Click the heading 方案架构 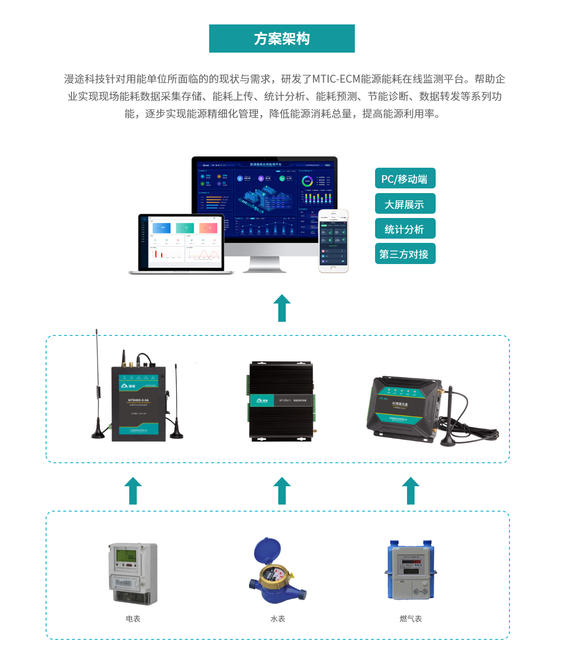point(282,39)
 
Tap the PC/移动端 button point(405,179)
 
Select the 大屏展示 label point(405,204)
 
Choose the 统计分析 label point(405,229)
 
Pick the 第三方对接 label point(405,254)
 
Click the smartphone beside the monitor point(333,241)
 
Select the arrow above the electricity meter point(133,491)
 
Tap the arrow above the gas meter point(411,491)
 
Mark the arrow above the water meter point(282,491)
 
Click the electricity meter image point(133,573)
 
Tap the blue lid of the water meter point(267,548)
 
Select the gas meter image point(411,571)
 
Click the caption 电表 point(133,619)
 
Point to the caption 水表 point(278,619)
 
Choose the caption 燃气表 point(411,619)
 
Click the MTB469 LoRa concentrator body point(138,404)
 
